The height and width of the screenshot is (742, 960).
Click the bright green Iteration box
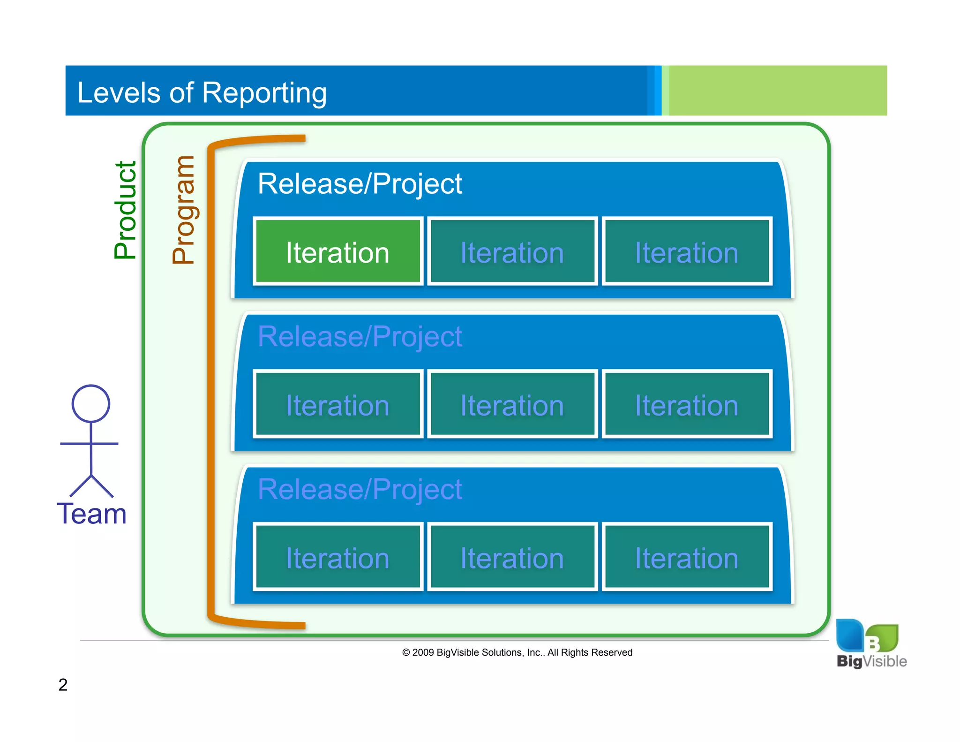(337, 251)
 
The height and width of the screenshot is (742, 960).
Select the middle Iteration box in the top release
(512, 251)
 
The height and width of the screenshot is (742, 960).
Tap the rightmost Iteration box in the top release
(687, 251)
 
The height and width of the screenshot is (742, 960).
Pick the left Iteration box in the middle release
(337, 404)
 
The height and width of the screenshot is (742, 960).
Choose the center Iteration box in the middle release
(512, 404)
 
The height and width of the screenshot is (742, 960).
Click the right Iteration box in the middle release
(687, 404)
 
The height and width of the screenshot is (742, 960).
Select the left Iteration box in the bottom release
(337, 557)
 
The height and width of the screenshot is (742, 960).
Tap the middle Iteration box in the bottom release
(512, 557)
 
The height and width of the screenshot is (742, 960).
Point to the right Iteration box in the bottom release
(687, 557)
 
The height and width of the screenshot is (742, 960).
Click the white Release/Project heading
(360, 184)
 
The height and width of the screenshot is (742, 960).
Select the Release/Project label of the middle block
(360, 337)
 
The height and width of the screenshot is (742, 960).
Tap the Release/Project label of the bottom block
(360, 490)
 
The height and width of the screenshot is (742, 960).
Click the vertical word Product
(125, 210)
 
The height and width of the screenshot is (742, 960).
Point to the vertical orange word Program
(183, 210)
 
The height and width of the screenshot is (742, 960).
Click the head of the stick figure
(91, 403)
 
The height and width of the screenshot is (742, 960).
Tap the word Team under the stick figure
(91, 514)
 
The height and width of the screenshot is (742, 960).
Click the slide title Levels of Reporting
(202, 92)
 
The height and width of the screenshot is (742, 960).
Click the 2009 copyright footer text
(517, 652)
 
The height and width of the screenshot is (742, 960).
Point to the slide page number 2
(63, 685)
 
